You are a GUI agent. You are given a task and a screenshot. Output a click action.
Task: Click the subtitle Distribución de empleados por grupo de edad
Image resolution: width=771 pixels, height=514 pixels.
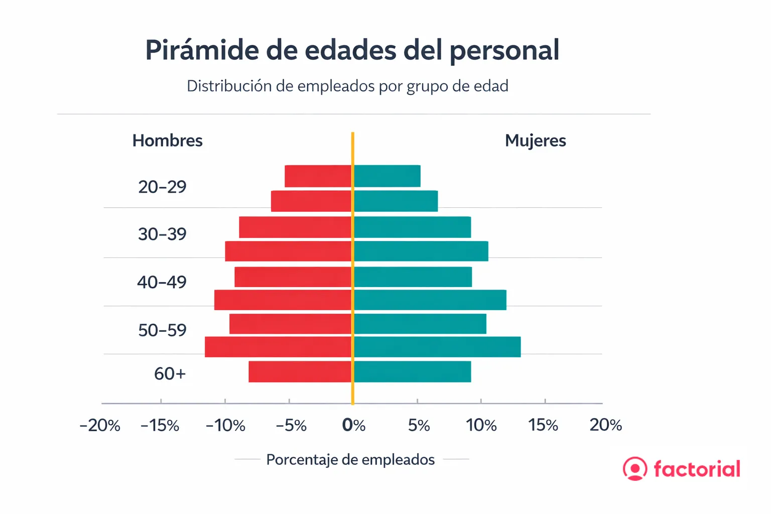click(347, 86)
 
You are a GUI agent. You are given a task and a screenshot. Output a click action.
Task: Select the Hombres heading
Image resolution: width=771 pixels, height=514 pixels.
click(167, 141)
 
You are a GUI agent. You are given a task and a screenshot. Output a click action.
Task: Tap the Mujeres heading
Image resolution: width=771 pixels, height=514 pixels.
click(535, 141)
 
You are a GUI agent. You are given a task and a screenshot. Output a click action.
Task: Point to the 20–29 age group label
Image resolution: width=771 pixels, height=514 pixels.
click(162, 187)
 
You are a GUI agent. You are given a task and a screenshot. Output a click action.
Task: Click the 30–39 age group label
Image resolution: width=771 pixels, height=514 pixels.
click(162, 234)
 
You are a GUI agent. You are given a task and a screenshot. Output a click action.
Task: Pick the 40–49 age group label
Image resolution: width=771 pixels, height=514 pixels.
click(162, 282)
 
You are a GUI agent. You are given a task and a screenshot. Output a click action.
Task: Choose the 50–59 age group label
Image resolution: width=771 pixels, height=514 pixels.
click(162, 330)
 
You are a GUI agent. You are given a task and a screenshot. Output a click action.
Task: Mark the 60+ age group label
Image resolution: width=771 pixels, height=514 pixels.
click(170, 373)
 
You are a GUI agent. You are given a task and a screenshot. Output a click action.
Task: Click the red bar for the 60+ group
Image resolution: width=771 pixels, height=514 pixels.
click(300, 371)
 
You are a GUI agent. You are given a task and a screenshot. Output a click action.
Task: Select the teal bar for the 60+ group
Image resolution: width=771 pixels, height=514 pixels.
click(412, 371)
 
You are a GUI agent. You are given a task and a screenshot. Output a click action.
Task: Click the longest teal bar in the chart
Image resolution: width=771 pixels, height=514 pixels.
click(437, 347)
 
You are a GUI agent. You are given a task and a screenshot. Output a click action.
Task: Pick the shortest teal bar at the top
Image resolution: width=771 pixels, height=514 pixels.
click(387, 176)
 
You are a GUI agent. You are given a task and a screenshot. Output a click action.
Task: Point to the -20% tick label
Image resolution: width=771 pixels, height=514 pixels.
click(100, 426)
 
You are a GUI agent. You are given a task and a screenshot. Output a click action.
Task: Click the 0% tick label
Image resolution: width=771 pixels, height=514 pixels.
click(353, 425)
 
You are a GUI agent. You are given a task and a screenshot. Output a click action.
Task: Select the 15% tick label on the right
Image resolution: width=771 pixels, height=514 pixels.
click(543, 425)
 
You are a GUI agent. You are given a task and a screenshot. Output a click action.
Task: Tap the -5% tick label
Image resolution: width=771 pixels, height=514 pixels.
click(291, 426)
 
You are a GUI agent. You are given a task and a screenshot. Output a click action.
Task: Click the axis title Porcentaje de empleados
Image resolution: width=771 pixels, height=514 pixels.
click(350, 459)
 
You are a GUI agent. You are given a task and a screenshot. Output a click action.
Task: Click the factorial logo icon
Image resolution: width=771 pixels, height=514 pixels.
click(634, 468)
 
